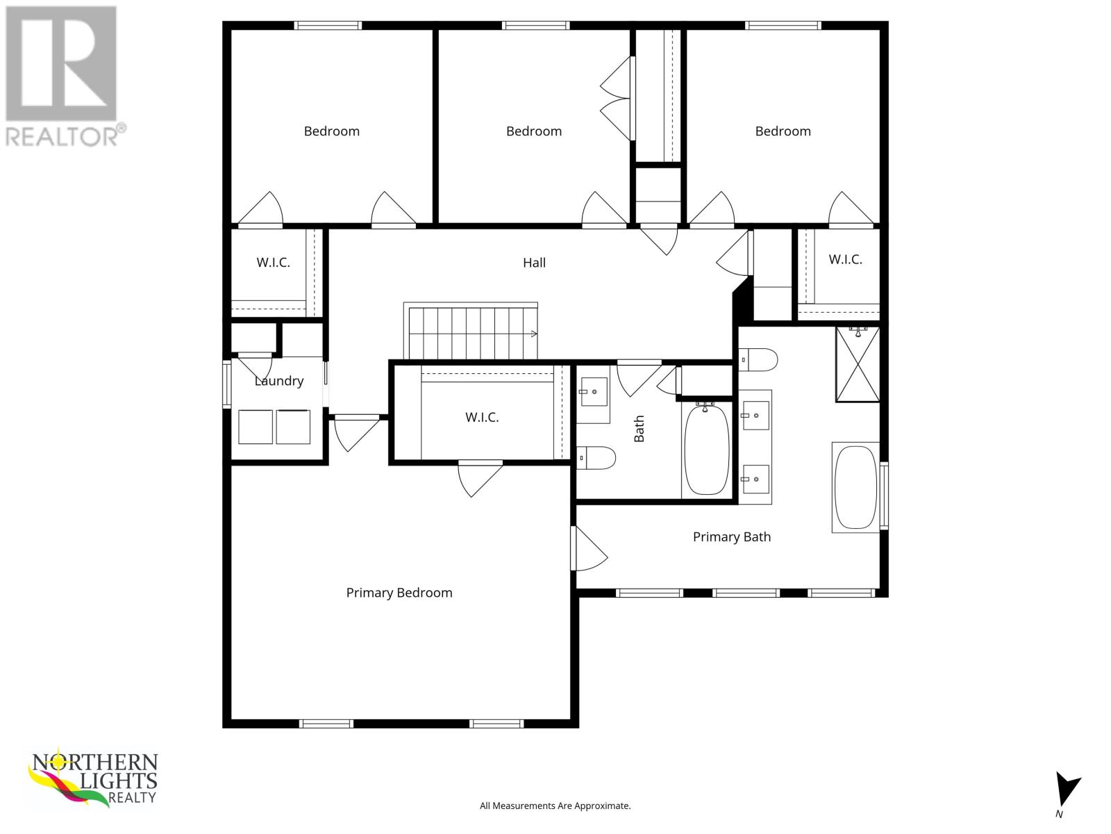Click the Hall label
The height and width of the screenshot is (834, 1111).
534,262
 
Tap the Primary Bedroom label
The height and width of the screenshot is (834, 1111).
399,593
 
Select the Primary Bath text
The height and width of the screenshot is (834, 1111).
731,537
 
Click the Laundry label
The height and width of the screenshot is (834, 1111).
279,381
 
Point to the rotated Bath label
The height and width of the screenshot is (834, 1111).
639,428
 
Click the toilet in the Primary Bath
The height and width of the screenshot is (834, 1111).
758,359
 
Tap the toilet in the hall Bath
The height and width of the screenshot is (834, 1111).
596,458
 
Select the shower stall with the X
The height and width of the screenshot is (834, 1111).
858,364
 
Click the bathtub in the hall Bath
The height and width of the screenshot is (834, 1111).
707,449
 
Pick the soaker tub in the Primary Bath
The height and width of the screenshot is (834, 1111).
855,487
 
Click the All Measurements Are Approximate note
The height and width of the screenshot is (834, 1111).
555,806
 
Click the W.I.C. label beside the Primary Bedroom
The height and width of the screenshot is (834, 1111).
482,417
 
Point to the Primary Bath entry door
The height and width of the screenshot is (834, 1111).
589,548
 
